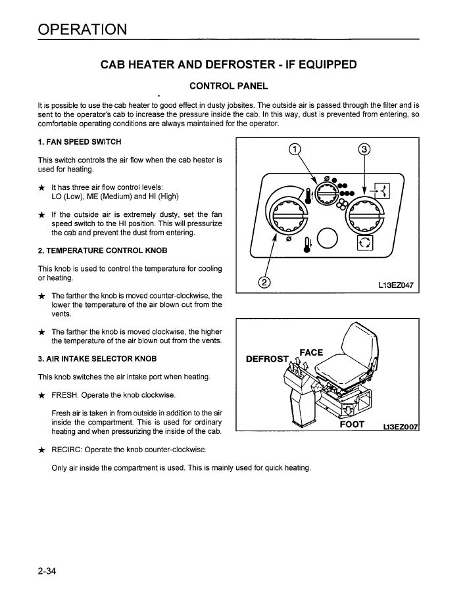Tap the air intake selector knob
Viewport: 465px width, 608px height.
click(364, 216)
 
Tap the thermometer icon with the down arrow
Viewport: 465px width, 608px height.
click(306, 244)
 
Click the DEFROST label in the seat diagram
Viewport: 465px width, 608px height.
click(267, 359)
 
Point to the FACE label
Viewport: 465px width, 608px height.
click(310, 352)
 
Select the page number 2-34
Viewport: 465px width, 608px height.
click(47, 571)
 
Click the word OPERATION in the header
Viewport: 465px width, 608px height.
click(82, 30)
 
